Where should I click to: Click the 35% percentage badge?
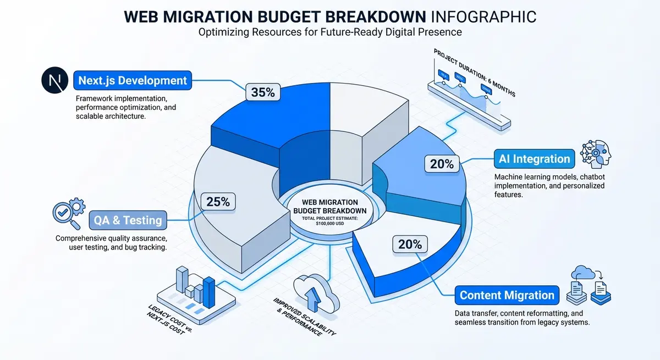click(263, 92)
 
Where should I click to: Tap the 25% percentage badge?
click(218, 202)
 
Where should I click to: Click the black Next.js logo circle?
click(54, 81)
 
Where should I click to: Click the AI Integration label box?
click(534, 159)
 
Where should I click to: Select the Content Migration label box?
click(507, 295)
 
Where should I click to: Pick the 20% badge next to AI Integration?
click(441, 163)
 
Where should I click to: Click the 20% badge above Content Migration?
click(410, 245)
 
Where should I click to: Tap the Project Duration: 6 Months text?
click(474, 72)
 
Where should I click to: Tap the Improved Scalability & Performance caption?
click(301, 318)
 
